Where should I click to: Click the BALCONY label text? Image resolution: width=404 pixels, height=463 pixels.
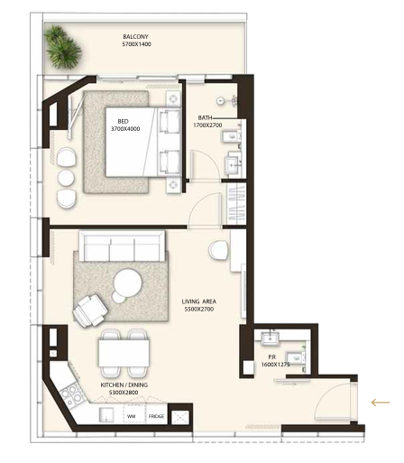[x=135, y=37]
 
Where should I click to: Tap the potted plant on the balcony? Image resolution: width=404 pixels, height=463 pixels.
[x=62, y=47]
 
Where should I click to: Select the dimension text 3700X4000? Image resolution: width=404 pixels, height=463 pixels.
[x=125, y=129]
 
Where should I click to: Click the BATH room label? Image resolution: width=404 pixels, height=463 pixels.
[x=205, y=117]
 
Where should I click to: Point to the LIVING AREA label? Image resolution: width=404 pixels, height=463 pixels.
[x=198, y=301]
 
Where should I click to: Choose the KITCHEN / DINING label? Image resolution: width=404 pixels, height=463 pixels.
[x=124, y=384]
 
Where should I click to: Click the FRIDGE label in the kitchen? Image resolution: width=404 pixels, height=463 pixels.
[x=156, y=416]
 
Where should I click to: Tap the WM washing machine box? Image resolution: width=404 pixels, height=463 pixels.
[x=134, y=413]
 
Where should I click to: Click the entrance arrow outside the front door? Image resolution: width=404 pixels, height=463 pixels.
[x=381, y=403]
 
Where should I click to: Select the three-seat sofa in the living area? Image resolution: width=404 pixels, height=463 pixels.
[x=122, y=245]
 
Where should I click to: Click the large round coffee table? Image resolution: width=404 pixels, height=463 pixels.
[x=127, y=282]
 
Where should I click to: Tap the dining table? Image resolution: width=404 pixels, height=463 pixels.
[x=124, y=353]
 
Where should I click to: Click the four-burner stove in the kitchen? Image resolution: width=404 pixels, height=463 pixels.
[x=72, y=394]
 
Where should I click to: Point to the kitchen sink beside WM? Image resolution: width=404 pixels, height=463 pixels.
[x=106, y=415]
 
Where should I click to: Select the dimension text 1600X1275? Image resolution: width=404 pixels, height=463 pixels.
[x=275, y=365]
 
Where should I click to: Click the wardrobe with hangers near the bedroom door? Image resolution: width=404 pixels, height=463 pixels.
[x=236, y=203]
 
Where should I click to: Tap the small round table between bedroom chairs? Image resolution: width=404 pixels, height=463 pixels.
[x=66, y=178]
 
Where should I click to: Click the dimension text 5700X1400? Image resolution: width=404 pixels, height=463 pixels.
[x=136, y=44]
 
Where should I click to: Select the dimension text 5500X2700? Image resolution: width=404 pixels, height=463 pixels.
[x=198, y=309]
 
